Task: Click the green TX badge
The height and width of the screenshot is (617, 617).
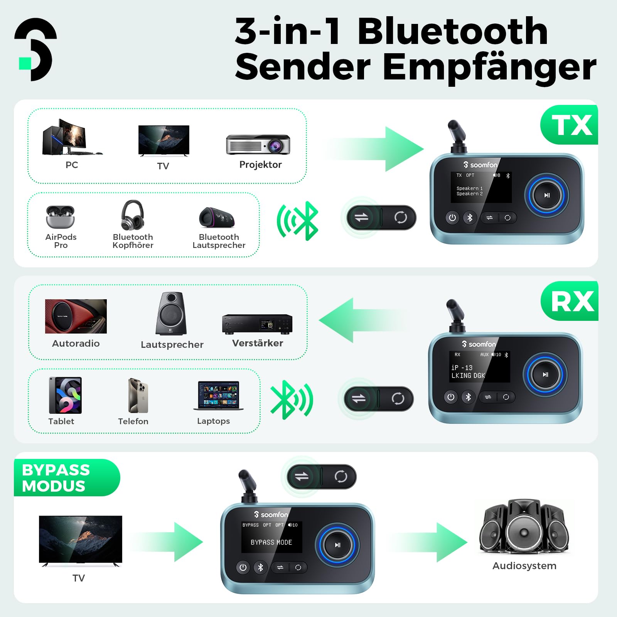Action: (570, 125)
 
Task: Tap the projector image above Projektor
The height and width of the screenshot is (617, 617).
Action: (258, 145)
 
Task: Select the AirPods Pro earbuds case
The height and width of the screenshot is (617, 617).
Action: (60, 217)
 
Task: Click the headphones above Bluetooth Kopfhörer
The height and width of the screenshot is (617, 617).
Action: (133, 215)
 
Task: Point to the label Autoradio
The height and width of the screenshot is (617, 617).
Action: (76, 343)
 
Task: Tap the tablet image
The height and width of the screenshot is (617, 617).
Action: (65, 395)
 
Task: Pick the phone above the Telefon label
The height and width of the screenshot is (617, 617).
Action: (138, 396)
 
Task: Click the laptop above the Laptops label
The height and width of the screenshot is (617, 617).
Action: (219, 396)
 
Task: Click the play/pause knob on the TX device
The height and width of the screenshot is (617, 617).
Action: (546, 195)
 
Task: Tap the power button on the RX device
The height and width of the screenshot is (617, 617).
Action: (450, 397)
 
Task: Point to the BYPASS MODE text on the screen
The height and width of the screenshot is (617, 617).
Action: (271, 542)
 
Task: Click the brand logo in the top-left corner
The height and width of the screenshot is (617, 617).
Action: (35, 49)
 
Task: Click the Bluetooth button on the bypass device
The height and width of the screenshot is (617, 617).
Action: (260, 567)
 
